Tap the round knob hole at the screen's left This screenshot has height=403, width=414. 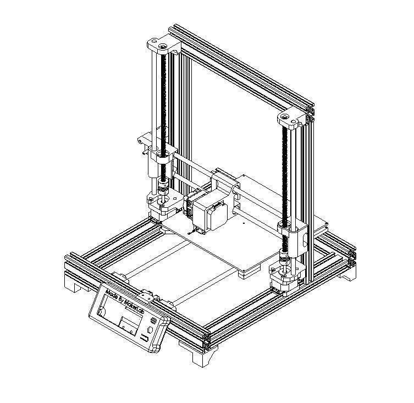[101, 312]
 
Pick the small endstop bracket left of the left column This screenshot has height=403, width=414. [144, 140]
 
